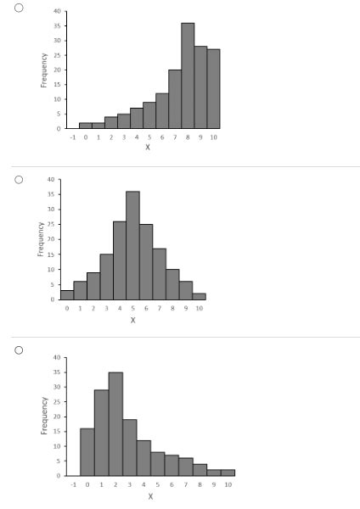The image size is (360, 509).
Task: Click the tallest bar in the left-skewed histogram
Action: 188,76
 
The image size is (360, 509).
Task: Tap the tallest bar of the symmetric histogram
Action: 133,246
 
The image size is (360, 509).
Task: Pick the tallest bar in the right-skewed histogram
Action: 115,424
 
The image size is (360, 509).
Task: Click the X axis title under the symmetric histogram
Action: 133,320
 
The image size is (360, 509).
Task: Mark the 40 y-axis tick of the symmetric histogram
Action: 51,180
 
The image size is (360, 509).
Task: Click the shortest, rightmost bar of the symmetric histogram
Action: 199,297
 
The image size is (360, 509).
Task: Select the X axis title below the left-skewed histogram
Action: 148,147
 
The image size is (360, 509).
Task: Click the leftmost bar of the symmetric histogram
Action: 67,295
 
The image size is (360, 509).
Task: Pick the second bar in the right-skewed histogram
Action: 101,433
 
